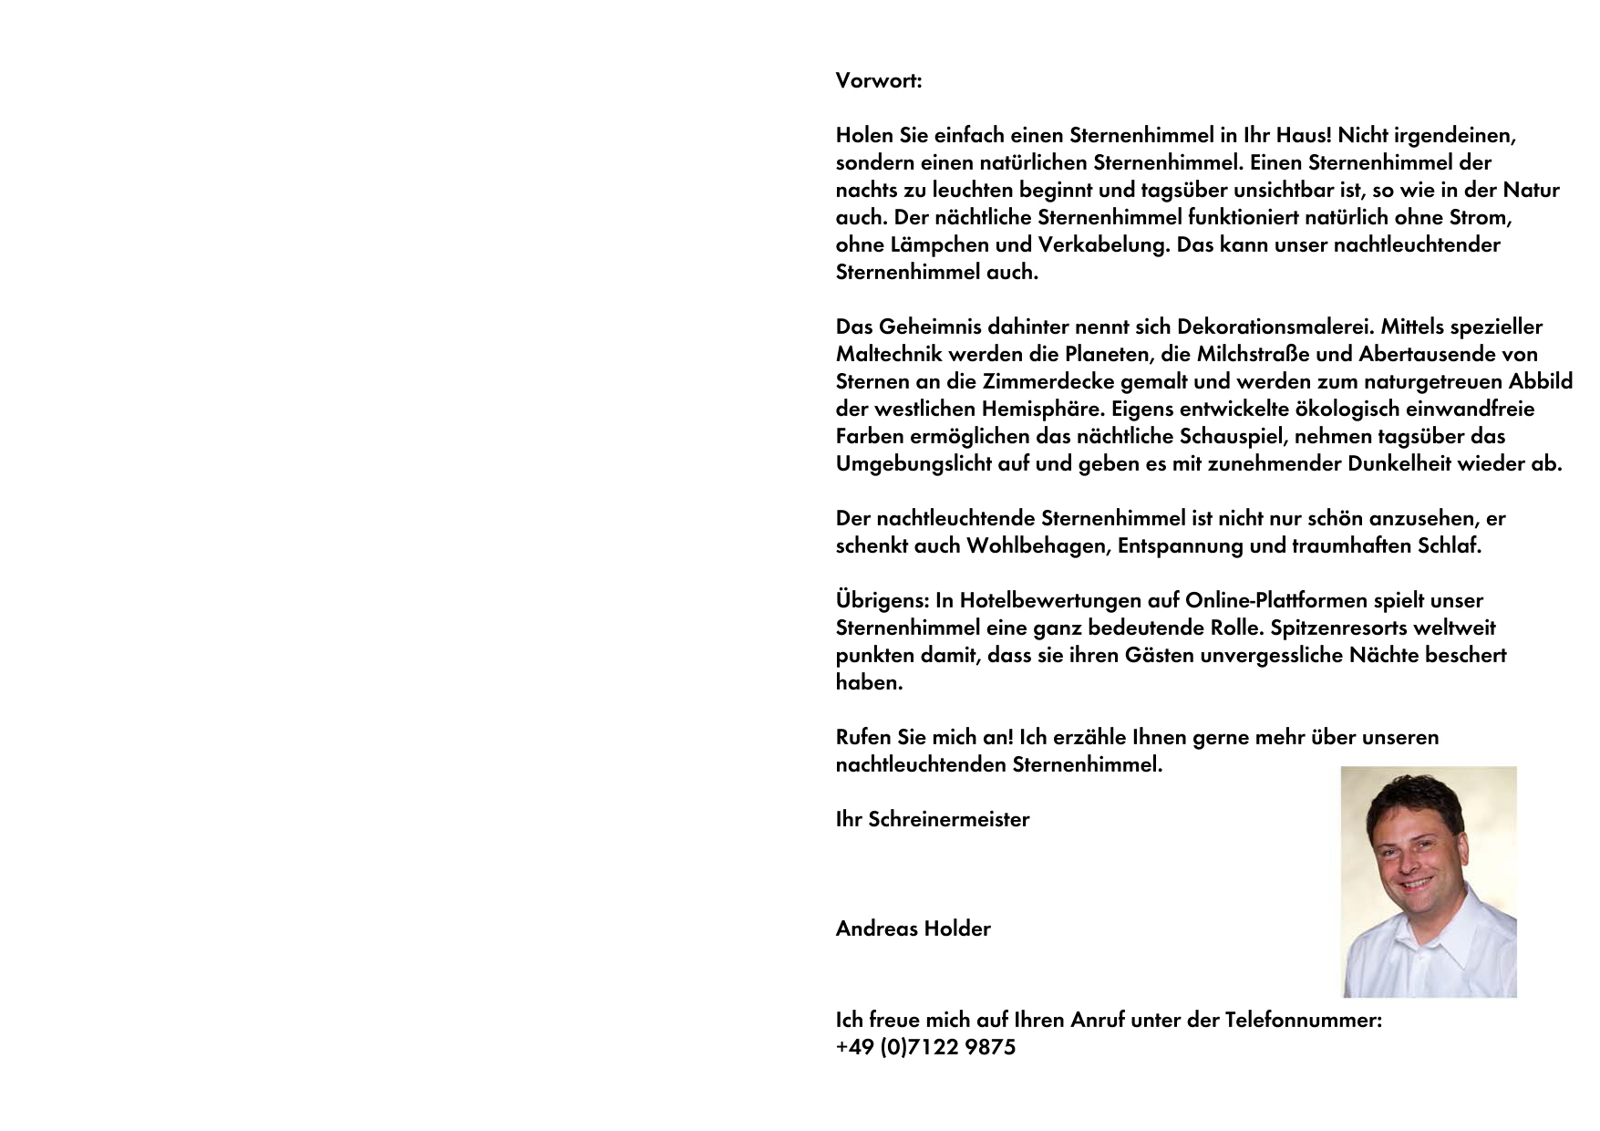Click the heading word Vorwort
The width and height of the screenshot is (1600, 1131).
click(x=877, y=80)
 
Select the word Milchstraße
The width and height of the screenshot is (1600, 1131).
click(x=1253, y=354)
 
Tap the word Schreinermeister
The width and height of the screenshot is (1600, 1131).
click(x=948, y=819)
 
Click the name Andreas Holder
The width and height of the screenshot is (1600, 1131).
click(x=913, y=929)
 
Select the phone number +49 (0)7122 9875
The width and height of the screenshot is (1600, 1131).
click(x=925, y=1047)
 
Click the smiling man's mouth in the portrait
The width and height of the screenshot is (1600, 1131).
click(x=1416, y=883)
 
